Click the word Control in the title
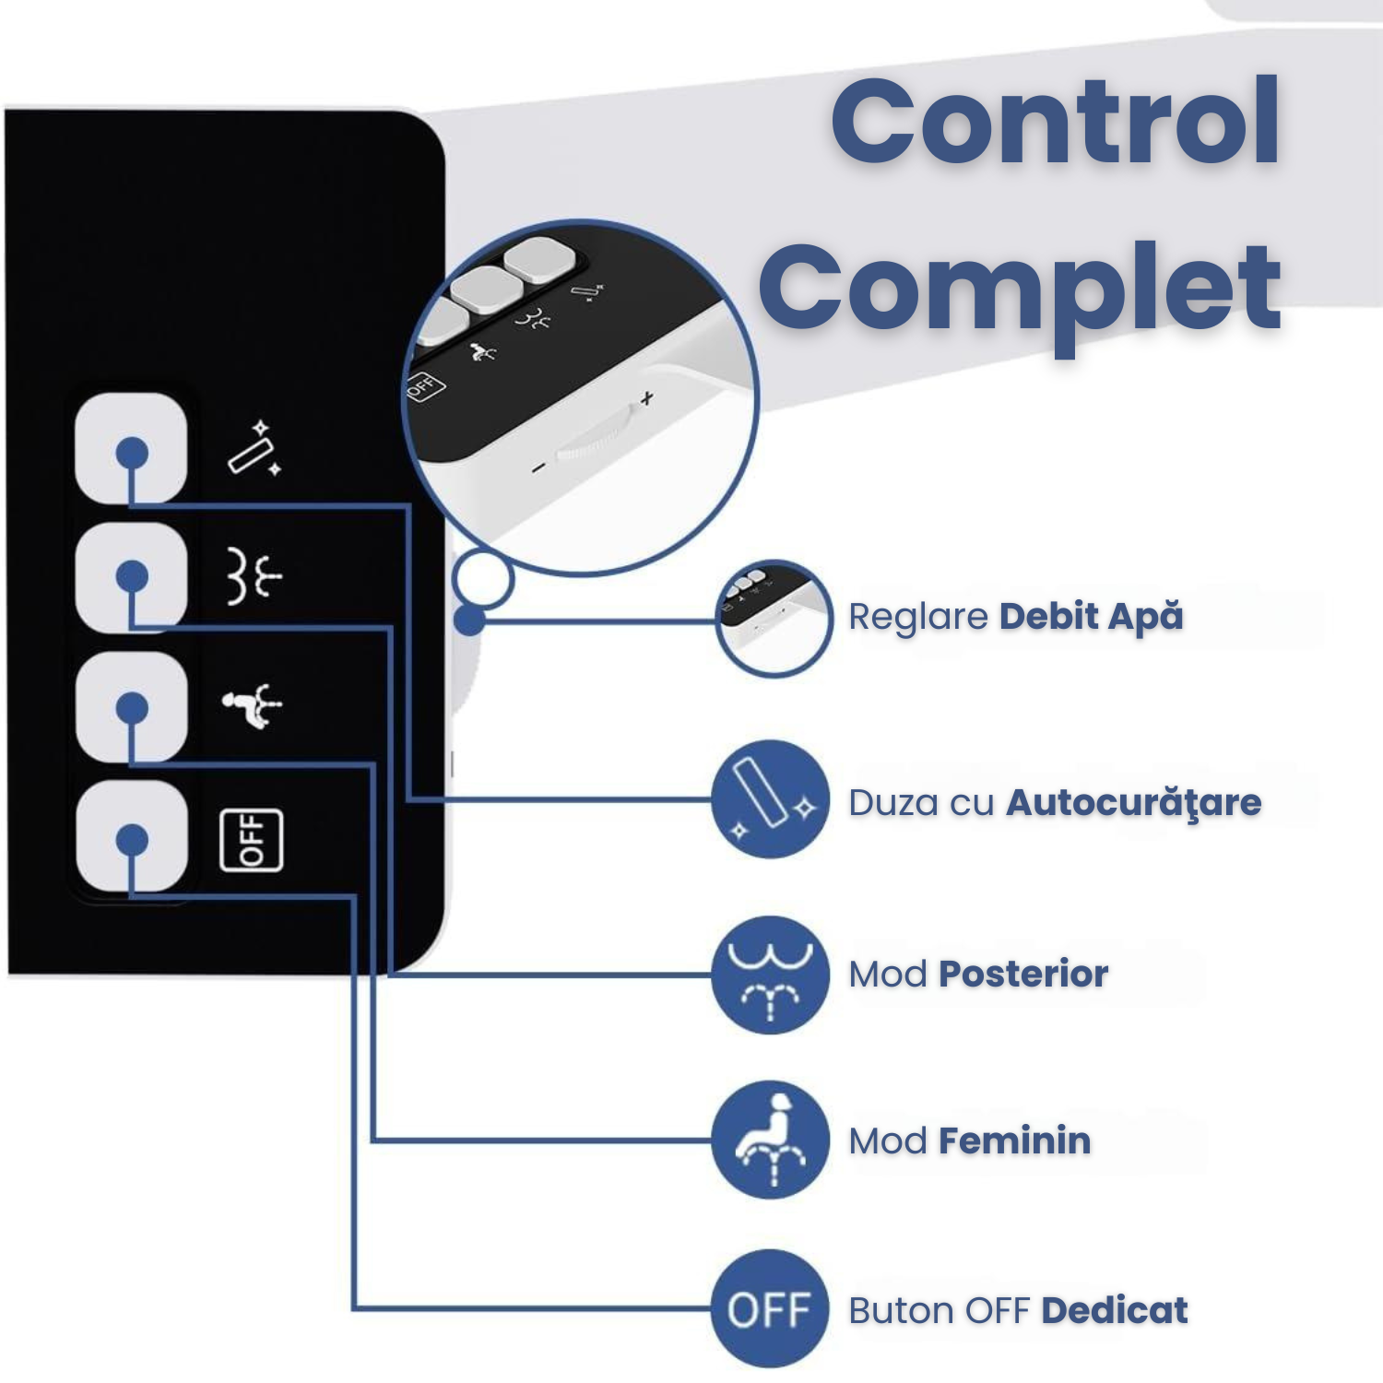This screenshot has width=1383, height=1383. [x=1055, y=122]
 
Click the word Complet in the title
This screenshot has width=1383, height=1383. [x=1020, y=288]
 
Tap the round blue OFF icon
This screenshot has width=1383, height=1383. [x=770, y=1308]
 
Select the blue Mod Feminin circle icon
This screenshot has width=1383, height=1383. [x=770, y=1140]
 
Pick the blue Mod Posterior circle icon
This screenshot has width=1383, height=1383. [x=770, y=974]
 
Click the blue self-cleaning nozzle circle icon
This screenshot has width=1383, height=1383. [x=770, y=799]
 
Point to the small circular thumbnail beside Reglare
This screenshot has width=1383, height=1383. [x=774, y=619]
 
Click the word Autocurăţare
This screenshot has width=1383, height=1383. [x=1133, y=803]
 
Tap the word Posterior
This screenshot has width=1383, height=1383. [x=1023, y=975]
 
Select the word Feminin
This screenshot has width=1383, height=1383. [x=1014, y=1141]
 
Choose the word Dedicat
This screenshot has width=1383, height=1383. [x=1115, y=1310]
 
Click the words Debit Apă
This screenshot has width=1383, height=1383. [x=1091, y=617]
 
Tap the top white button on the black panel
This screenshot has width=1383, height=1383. [x=131, y=449]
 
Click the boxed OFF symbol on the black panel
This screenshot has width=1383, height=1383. [x=251, y=839]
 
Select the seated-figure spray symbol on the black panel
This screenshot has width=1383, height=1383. [x=252, y=706]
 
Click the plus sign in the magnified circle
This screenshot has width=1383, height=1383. [x=647, y=398]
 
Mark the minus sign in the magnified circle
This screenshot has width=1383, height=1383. [x=539, y=467]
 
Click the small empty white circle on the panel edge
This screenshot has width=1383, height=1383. [x=482, y=580]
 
